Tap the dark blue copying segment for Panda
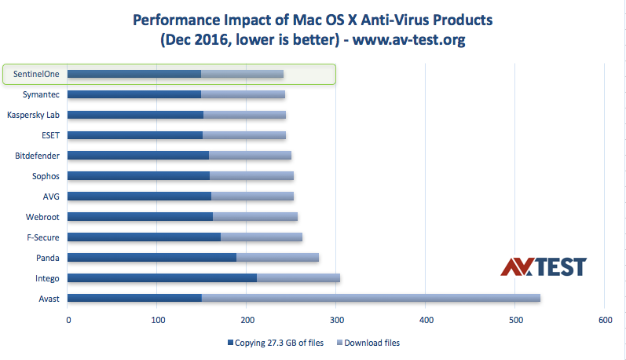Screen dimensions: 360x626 coord(152,257)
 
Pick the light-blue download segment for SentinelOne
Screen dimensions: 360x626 coord(242,74)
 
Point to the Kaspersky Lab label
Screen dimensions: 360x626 coord(34,115)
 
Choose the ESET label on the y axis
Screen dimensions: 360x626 coord(50,135)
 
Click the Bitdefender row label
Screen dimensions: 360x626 coord(38,156)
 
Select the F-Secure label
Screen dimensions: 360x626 coord(44,237)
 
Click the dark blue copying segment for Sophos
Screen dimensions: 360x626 coord(139,176)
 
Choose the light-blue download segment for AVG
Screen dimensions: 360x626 coord(252,197)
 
